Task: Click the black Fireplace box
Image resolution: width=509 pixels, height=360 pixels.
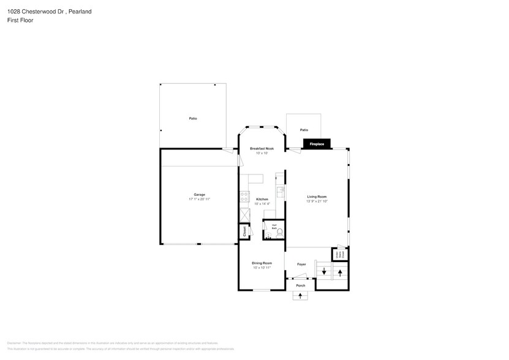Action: tap(317, 144)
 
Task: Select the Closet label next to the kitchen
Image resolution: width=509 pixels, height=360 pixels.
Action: tap(244, 232)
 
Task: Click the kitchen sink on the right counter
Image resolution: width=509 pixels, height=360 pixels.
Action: tap(281, 192)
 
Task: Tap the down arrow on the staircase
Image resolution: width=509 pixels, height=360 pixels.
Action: tap(324, 271)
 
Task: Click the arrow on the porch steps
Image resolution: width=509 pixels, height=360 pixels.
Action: tap(300, 296)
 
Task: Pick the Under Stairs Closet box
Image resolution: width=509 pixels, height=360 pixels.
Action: tap(338, 253)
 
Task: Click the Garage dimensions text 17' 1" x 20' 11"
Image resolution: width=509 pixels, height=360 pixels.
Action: tap(199, 200)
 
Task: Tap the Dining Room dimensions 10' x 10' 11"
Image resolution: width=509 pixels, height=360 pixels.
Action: tap(262, 268)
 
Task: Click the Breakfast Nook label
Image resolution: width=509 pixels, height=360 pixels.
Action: tap(262, 149)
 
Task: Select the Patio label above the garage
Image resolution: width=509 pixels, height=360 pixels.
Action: tap(193, 118)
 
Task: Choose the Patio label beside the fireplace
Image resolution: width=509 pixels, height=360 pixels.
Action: tap(304, 130)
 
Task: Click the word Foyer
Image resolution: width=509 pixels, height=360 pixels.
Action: tap(301, 264)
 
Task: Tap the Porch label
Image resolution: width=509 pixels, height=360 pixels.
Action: tap(300, 285)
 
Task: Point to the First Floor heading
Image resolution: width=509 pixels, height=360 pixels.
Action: tap(21, 20)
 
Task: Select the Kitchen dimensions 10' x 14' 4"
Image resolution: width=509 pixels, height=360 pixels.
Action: tap(262, 204)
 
